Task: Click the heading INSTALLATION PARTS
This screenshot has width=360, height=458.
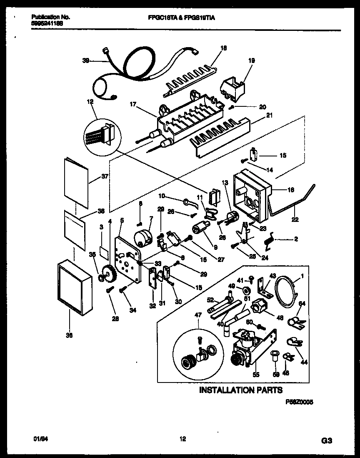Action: (x=241, y=390)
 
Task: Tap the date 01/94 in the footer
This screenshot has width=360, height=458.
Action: (x=39, y=439)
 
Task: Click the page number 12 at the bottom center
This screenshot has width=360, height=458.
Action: (x=182, y=439)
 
